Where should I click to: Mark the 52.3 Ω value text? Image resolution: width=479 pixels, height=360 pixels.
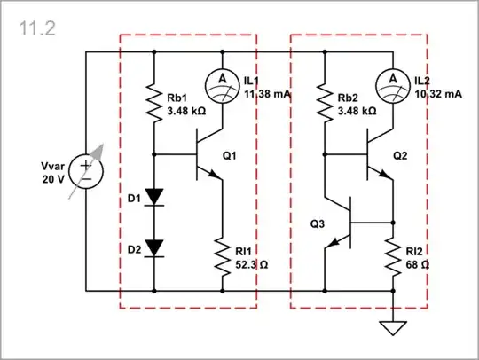pyautogui.click(x=248, y=264)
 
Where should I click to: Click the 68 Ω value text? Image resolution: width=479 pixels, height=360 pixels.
pyautogui.click(x=415, y=264)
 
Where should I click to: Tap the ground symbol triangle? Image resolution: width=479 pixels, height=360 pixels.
pyautogui.click(x=392, y=328)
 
